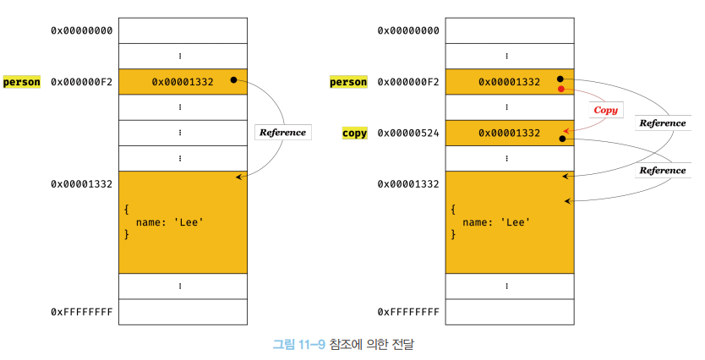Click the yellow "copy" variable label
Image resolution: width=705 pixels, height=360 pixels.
(354, 134)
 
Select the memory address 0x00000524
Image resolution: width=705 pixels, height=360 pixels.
(408, 134)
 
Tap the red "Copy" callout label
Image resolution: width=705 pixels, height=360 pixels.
(605, 110)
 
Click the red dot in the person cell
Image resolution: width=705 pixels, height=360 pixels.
(560, 89)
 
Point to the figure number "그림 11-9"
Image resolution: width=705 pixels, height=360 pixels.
(298, 344)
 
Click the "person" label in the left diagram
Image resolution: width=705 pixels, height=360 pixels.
(22, 82)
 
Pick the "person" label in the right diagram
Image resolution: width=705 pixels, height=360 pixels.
(348, 82)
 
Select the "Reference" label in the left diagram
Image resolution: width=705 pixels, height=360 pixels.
(282, 132)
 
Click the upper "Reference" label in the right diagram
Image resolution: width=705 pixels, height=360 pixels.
(662, 123)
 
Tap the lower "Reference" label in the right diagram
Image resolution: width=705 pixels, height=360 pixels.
(662, 170)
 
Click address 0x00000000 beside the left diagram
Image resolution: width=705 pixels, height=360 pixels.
(82, 30)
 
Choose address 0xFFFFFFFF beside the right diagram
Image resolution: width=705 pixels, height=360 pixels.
(408, 312)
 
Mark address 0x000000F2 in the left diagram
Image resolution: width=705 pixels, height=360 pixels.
(82, 82)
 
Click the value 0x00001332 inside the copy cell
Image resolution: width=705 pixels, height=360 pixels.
(509, 134)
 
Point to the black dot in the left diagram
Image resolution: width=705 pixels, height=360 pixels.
(233, 81)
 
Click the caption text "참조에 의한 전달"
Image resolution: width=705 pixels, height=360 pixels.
(373, 344)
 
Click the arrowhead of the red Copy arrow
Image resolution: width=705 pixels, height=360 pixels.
(563, 130)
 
